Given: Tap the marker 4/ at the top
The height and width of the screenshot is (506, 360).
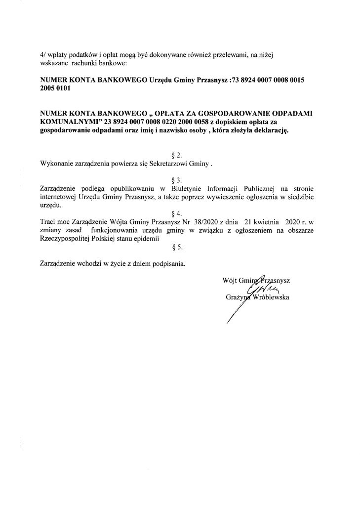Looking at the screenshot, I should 43,56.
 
